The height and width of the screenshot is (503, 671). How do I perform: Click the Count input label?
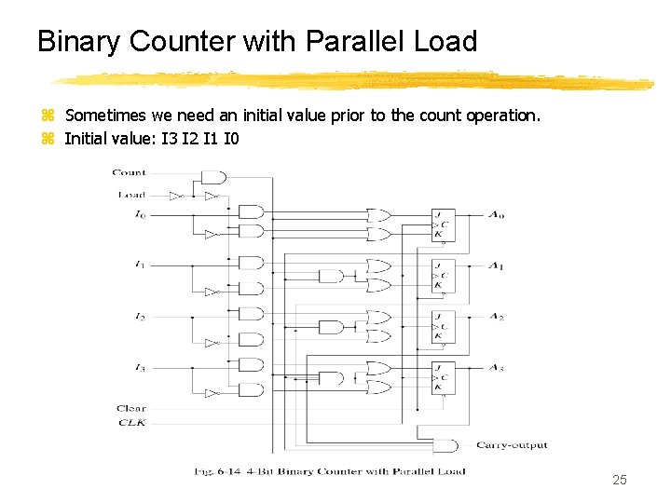pos(129,172)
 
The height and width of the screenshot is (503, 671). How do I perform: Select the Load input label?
pos(130,195)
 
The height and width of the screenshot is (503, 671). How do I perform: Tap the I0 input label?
pos(140,215)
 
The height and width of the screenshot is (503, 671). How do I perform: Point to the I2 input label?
pos(140,318)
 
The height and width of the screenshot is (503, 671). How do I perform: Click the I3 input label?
pos(140,369)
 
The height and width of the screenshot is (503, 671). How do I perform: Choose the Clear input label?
pos(130,408)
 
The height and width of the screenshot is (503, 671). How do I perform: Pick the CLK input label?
pos(131,423)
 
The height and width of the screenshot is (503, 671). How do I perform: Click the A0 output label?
pos(496,215)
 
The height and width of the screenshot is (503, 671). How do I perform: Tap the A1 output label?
pos(496,267)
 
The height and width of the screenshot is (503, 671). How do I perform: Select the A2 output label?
pos(496,318)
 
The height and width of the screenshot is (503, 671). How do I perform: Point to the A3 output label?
pos(496,369)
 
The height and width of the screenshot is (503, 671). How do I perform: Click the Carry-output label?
pos(512,445)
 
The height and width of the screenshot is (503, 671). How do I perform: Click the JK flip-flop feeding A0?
pos(443,224)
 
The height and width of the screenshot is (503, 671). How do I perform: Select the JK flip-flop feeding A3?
pos(443,377)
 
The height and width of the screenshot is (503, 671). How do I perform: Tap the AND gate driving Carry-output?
pos(446,445)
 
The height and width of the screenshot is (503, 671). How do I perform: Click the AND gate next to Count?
pos(213,177)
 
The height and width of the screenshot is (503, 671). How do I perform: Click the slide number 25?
pos(620,481)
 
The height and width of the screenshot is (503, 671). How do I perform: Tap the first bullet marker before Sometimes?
pos(48,116)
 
